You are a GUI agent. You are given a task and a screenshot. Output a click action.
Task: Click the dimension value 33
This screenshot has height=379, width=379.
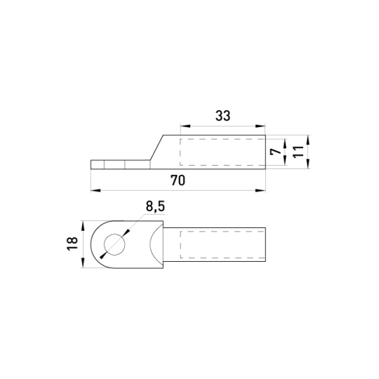coord(222,116)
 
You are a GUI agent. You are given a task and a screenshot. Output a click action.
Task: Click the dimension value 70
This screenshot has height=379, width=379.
coord(178,180)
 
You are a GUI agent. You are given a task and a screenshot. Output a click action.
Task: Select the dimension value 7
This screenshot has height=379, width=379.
coord(276,152)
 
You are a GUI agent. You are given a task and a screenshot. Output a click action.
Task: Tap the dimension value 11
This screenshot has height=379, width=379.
coord(298,152)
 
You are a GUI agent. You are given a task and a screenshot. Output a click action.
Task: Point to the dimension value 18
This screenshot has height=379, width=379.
coord(72,244)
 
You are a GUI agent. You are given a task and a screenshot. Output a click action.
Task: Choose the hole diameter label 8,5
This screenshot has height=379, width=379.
coord(155,206)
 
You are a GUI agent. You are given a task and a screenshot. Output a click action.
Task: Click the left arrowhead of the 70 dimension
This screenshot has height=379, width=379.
coord(95,190)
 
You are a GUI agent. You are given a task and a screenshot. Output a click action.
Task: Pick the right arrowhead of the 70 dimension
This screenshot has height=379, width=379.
coord(260,190)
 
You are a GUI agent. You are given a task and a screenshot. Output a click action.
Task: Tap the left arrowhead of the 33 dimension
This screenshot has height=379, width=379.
coord(185,126)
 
